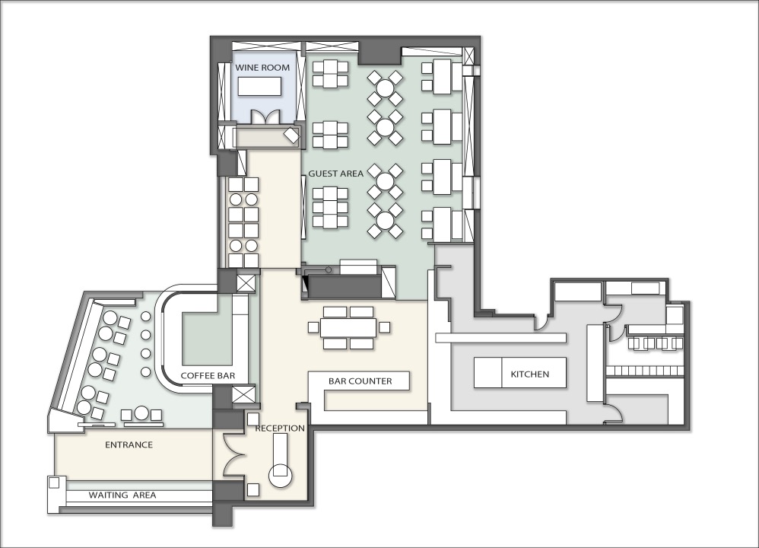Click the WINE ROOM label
(262, 67)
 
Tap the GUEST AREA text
(336, 174)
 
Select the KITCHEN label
(530, 374)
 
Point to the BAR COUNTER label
(360, 381)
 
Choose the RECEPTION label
(280, 429)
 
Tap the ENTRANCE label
(129, 444)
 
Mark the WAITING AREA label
(122, 495)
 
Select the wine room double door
(265, 118)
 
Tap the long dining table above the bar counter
(348, 327)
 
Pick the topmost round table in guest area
(386, 88)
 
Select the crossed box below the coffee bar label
(243, 394)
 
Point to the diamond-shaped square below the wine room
(292, 135)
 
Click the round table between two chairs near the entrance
(141, 413)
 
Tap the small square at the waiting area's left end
(54, 483)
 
